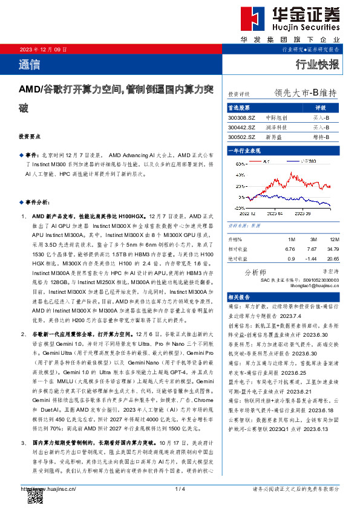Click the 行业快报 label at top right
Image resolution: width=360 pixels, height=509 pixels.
[x=316, y=65]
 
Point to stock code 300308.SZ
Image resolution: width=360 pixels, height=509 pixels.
[x=241, y=118]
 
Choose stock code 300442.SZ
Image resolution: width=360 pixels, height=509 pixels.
[x=241, y=128]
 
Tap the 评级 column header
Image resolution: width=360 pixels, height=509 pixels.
[x=321, y=108]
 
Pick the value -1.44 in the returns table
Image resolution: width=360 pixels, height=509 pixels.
[x=312, y=258]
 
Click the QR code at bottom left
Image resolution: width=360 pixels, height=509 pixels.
[x=36, y=496]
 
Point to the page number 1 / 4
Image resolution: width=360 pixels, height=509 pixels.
[x=180, y=488]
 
